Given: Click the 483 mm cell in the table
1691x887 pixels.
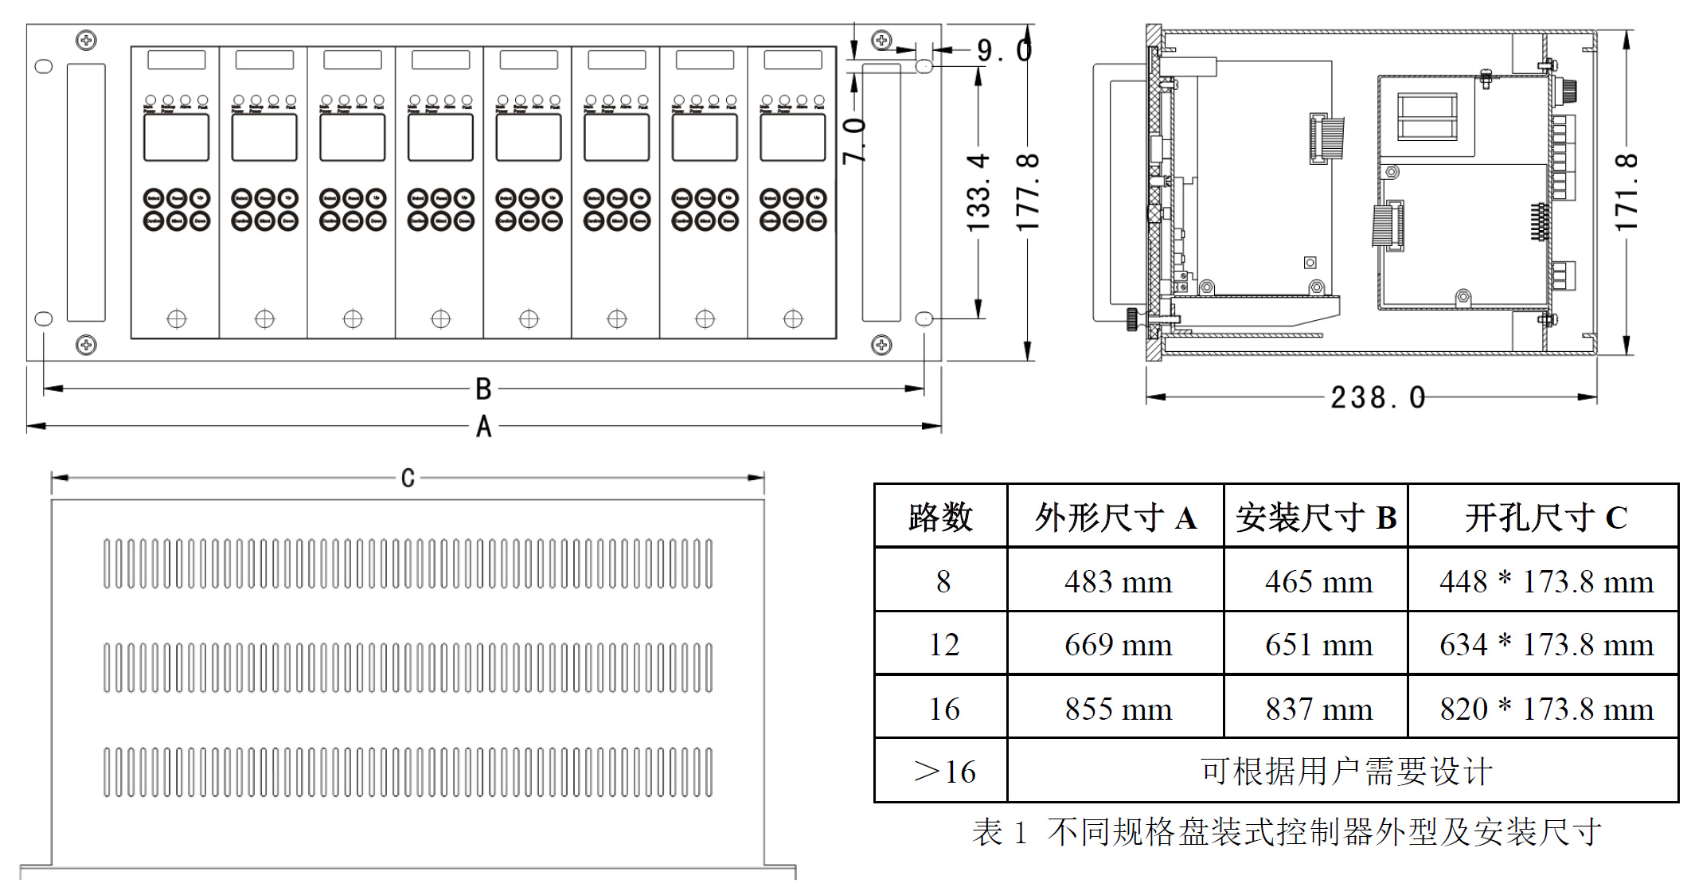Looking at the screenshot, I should (x=1117, y=582).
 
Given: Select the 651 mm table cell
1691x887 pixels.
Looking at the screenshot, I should (x=1318, y=645).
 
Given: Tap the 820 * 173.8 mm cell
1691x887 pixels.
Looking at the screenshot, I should (x=1545, y=709).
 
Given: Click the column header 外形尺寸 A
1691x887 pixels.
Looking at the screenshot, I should (x=1115, y=518).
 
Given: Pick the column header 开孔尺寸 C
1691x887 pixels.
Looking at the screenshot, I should (x=1545, y=518).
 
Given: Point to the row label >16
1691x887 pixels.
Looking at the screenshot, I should (x=943, y=772).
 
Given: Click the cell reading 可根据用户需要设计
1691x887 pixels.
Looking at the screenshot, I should (x=1345, y=772).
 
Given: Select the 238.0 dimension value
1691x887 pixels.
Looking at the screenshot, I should (x=1377, y=397).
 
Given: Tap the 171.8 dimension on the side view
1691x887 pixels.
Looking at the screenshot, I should (x=1626, y=193).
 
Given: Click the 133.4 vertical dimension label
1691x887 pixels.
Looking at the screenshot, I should (x=978, y=193).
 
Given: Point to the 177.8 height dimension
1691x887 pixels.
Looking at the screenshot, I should (x=1028, y=193).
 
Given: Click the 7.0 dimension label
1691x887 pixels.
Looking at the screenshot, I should (x=854, y=140).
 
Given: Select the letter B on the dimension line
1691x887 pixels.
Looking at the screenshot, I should (x=483, y=389).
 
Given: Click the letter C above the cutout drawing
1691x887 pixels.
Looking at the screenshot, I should (x=408, y=478).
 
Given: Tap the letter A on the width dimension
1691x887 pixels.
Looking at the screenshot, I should (x=483, y=427).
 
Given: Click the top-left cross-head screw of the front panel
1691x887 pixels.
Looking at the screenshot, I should (x=86, y=40).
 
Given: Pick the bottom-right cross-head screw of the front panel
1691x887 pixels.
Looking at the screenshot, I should (x=881, y=345).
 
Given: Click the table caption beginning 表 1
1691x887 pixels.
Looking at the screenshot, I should (x=1286, y=833).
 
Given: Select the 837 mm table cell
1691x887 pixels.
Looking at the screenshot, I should (x=1318, y=709).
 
